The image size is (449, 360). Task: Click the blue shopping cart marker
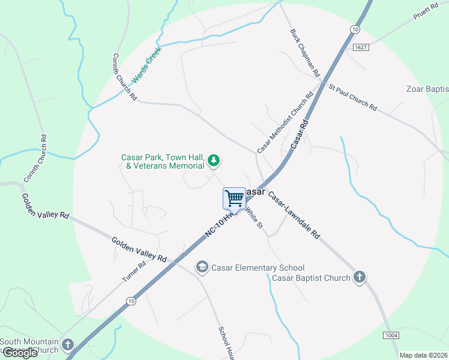(234, 199)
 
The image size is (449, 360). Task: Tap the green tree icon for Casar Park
(213, 160)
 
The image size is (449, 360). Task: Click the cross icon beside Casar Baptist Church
(359, 277)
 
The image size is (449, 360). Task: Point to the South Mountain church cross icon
(67, 345)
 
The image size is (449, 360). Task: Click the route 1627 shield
(360, 47)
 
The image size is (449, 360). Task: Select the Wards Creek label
(148, 65)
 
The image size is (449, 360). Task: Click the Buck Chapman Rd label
(306, 53)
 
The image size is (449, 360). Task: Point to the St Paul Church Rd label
(353, 97)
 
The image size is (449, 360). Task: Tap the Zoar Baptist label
(427, 89)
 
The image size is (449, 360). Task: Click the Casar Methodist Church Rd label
(286, 122)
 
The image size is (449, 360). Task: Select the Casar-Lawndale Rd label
(294, 215)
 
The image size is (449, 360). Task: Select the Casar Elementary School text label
(258, 268)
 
